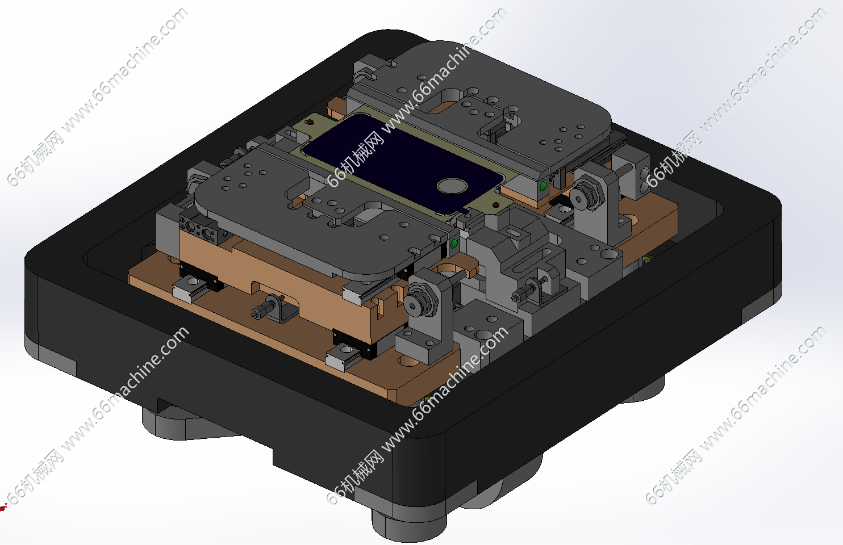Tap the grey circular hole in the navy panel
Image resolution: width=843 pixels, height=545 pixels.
[x=452, y=186]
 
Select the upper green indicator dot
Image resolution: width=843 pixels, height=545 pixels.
[x=543, y=186]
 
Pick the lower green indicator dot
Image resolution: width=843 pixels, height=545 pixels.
[x=454, y=244]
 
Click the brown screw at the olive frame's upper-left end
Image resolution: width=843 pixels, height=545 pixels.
[x=310, y=122]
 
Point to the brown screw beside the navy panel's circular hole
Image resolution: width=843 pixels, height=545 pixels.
[x=496, y=205]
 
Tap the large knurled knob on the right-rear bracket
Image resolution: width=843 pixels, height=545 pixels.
[x=585, y=195]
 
